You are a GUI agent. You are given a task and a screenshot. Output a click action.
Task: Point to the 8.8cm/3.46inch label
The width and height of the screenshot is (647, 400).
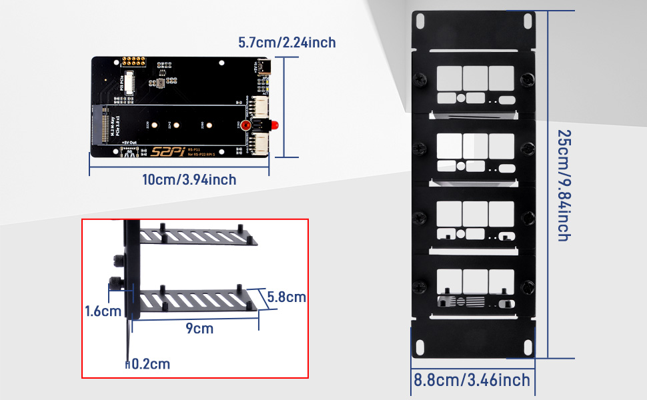tap(472, 381)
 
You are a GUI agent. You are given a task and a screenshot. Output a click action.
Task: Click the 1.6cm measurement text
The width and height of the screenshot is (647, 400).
tap(103, 311)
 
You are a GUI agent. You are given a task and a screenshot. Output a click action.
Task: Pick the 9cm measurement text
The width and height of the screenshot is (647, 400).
tap(199, 329)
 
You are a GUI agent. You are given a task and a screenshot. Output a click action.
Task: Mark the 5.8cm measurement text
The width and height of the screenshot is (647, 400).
tap(286, 297)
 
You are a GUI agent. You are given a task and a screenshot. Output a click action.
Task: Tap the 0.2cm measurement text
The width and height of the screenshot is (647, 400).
tap(149, 364)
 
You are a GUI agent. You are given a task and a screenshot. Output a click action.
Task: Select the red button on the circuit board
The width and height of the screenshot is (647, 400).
tap(245, 126)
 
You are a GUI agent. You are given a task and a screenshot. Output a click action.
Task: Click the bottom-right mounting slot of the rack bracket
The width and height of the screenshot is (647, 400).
tap(524, 348)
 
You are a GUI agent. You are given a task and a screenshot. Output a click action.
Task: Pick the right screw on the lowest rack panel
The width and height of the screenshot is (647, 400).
tap(528, 287)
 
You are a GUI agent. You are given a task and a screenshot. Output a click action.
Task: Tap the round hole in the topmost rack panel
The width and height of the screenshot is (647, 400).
tap(460, 98)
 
